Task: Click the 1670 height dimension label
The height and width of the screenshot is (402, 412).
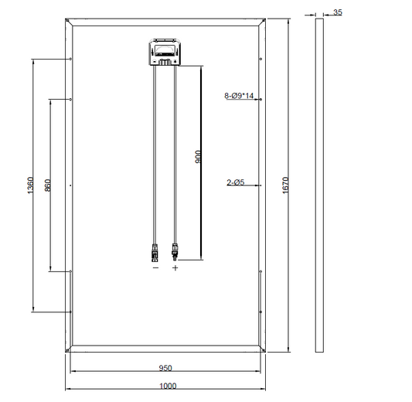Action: click(x=285, y=186)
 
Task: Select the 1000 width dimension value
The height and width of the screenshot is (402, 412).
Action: click(x=169, y=386)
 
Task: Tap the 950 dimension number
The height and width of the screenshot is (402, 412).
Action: click(x=165, y=368)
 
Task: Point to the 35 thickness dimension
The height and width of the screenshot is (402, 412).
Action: click(x=338, y=12)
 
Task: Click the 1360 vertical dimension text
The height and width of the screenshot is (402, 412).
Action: click(x=31, y=186)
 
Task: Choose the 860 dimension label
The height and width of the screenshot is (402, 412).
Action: click(x=48, y=186)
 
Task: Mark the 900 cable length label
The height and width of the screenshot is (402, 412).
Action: click(x=199, y=157)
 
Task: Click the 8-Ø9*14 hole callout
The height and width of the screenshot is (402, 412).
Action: click(x=239, y=96)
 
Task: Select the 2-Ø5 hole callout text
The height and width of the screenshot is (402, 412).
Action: click(x=236, y=182)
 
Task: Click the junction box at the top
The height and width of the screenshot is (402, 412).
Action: click(x=165, y=52)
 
